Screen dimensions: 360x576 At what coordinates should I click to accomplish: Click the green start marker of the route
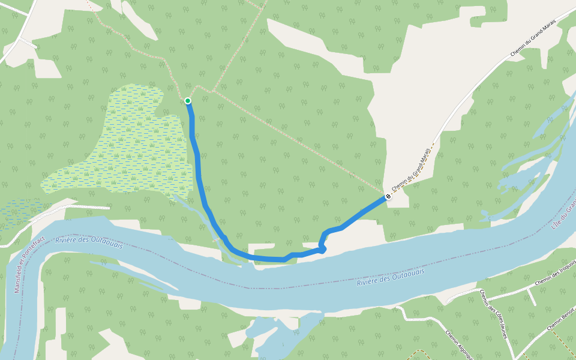pyautogui.click(x=188, y=101)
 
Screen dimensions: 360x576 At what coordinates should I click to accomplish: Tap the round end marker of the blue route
pyautogui.click(x=388, y=196)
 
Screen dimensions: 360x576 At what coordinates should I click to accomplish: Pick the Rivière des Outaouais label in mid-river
pyautogui.click(x=390, y=277)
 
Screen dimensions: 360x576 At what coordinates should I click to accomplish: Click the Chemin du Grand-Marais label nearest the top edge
pyautogui.click(x=533, y=38)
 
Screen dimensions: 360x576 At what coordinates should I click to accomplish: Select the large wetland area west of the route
pyautogui.click(x=132, y=144)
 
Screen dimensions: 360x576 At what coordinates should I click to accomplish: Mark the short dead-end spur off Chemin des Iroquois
pyautogui.click(x=532, y=296)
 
